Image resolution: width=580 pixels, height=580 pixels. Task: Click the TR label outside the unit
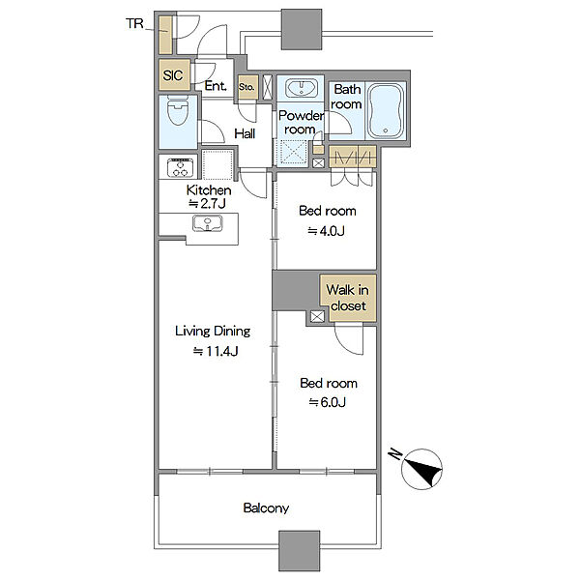pos(134,23)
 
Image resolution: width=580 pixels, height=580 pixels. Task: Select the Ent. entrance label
pos(216,86)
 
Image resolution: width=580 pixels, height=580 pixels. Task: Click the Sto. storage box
pos(247,87)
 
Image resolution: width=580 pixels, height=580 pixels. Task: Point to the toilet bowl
pos(178,110)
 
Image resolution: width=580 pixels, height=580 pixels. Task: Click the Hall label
pos(245,133)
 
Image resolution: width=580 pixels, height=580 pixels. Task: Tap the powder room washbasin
pos(301,88)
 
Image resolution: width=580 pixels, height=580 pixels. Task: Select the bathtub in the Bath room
pos(385,110)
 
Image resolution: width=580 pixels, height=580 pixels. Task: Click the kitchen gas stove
pos(180,167)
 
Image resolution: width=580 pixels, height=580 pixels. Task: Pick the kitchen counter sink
pos(208,224)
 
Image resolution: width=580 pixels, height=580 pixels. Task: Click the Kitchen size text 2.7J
pos(207,203)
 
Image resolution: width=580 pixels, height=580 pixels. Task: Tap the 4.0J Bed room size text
pos(327,231)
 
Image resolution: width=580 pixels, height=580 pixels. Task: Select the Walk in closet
pos(348,298)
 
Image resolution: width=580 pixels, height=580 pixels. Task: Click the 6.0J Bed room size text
pos(328,402)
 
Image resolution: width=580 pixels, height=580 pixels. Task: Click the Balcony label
pos(266,507)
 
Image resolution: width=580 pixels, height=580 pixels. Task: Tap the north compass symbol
pos(421,469)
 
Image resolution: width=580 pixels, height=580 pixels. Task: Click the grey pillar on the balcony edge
pos(299,551)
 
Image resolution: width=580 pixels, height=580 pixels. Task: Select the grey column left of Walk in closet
pos(296,291)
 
